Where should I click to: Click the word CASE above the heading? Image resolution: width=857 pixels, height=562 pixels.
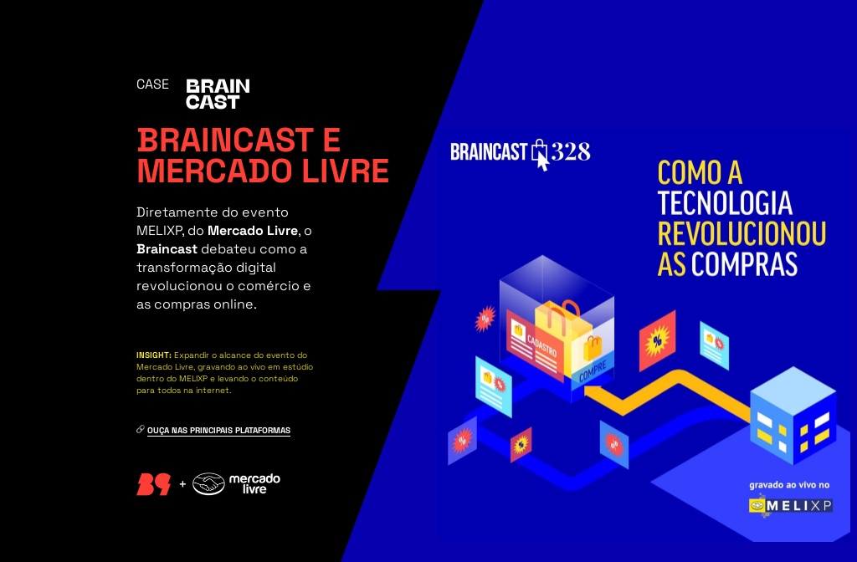coord(152,84)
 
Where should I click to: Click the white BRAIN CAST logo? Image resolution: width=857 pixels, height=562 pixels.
coord(218,94)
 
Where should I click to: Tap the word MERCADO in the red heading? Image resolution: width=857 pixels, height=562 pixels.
coord(210,171)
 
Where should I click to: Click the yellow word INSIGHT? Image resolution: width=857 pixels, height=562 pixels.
coord(154,355)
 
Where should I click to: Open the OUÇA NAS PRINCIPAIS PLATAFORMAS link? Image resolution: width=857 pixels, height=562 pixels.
coord(218,431)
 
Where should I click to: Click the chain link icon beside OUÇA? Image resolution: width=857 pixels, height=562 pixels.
coord(141,430)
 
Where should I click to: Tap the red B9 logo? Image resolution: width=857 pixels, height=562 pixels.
coord(154,484)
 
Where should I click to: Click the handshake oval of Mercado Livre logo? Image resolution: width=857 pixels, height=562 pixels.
coord(208,484)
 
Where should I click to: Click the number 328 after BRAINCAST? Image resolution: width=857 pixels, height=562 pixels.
coord(570,151)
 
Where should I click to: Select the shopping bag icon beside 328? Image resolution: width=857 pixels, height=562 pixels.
coord(540,153)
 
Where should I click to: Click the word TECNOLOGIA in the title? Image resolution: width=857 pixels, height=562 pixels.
coord(725,203)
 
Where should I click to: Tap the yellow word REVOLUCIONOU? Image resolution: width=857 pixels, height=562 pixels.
coord(742,233)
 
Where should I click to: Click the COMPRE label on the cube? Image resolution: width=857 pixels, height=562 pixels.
coord(593,373)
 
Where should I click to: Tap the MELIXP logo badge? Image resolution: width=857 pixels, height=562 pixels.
coord(791,505)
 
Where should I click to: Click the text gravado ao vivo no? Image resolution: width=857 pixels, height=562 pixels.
coord(788,484)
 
